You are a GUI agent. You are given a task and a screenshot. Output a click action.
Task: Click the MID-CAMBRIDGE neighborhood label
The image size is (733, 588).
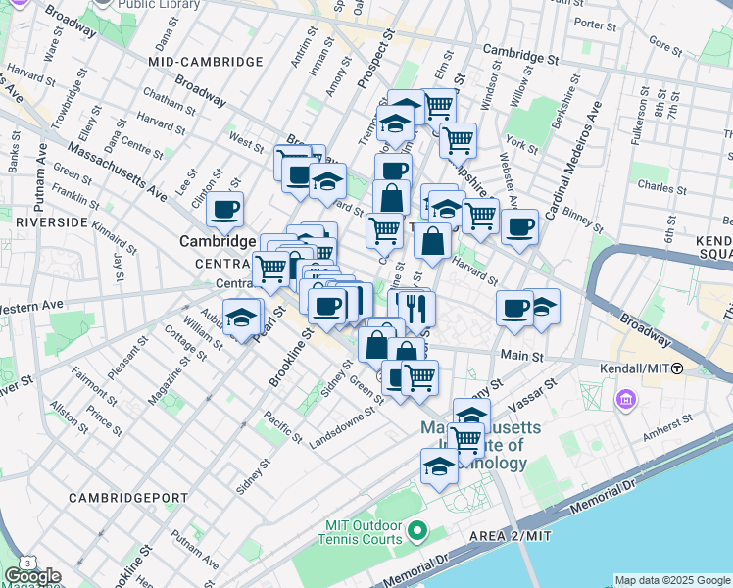pos(206,62)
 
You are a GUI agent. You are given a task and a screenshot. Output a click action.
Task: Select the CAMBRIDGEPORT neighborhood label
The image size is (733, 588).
pos(127,498)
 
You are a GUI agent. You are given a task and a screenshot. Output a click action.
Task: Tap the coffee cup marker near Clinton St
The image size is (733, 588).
pos(225,208)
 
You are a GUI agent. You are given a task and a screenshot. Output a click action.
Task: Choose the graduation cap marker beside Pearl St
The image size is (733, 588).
pos(241,317)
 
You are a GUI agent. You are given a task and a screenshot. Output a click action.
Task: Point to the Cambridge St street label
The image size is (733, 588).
pos(518,58)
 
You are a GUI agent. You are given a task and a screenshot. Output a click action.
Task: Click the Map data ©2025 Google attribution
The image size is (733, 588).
pos(672,580)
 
